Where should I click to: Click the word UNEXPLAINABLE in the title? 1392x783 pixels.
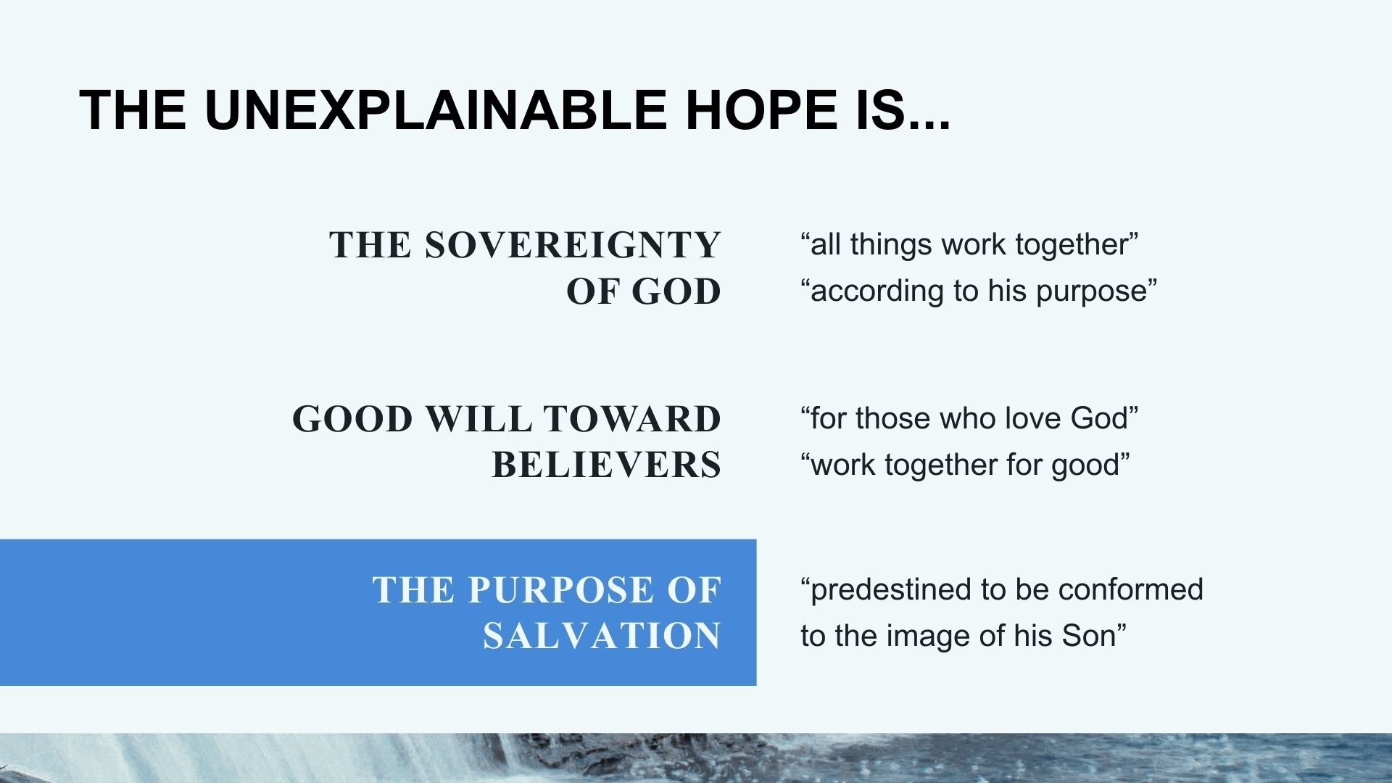(x=435, y=110)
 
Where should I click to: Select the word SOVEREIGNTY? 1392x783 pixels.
(x=573, y=245)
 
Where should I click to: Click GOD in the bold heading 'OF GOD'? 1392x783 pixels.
(x=676, y=291)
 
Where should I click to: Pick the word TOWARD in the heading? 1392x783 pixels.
(x=632, y=419)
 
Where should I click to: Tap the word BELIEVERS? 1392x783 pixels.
(x=607, y=465)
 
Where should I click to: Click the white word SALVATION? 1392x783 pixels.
(x=602, y=637)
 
